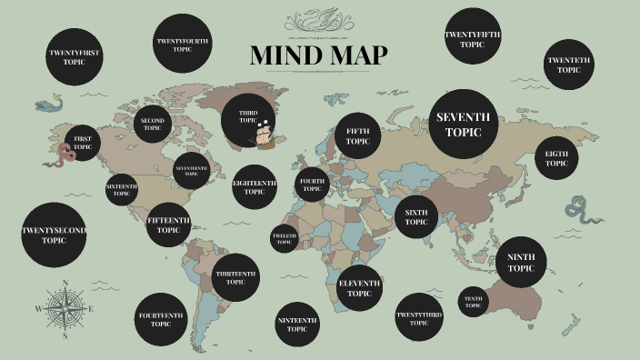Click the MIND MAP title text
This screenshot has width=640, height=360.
319,55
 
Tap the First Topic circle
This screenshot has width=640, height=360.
83,143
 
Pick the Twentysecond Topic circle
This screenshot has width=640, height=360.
54,235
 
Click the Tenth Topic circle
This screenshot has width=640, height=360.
473,302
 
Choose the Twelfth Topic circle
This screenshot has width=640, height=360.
284,239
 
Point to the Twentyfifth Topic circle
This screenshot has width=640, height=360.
472,39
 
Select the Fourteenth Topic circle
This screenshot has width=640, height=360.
162,320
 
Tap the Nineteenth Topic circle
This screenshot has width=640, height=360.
297,325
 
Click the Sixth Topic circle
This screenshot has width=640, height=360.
416,217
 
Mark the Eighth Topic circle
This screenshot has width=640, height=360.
556,159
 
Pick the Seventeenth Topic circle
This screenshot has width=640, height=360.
191,170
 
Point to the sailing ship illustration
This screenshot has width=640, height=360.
265,135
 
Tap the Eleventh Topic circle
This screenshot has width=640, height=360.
359,289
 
